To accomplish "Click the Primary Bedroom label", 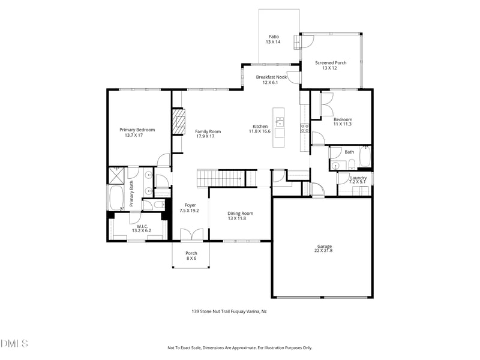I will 137,130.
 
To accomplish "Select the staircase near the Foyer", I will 220,178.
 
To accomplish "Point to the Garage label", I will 325,246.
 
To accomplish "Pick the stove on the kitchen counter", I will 304,127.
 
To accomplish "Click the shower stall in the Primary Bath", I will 116,175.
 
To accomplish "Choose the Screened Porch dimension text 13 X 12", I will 330,68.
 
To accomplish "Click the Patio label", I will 274,37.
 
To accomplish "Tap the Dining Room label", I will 240,213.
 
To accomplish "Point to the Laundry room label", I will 358,178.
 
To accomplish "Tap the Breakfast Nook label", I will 271,77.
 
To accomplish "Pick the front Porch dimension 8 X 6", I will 191,259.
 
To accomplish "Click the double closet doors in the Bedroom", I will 326,106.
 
